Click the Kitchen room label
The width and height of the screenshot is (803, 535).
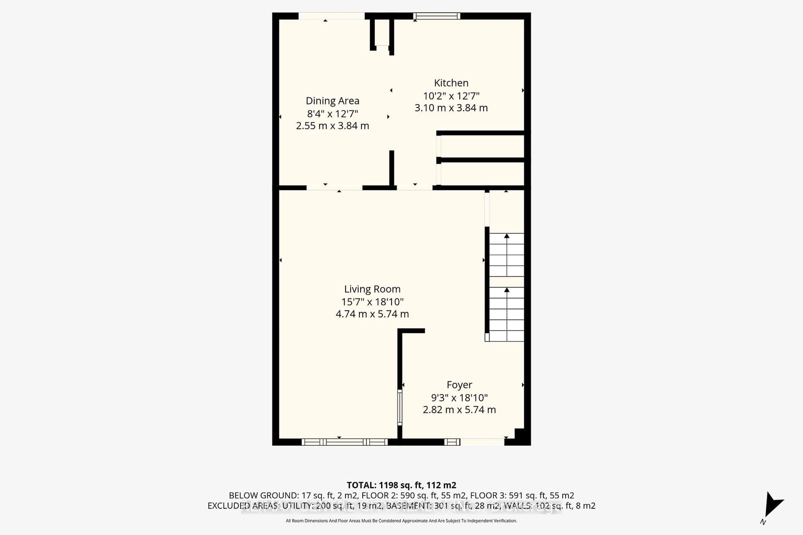point(451,83)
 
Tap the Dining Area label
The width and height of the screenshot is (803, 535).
point(332,101)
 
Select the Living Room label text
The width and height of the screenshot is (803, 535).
point(372,289)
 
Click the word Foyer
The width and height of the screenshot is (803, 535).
point(459,385)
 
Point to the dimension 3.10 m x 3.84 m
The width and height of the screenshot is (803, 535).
point(451,108)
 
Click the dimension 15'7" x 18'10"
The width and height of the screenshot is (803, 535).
point(372,302)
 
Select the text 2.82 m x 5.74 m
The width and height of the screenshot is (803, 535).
point(459,409)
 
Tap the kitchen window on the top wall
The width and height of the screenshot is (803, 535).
point(436,16)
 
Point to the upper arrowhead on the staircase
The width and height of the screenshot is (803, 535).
point(507,236)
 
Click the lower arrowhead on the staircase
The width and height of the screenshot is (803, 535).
point(507,290)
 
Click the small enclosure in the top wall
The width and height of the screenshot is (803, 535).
point(382,32)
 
